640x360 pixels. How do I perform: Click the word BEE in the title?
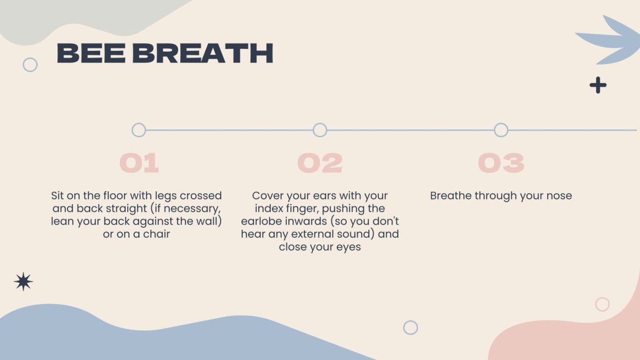91,54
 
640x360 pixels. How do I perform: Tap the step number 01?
139,164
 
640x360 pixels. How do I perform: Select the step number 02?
320,164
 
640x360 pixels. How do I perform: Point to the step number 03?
501,164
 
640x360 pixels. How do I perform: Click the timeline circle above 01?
139,130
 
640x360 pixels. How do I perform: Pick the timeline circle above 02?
320,130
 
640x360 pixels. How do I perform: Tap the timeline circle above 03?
501,130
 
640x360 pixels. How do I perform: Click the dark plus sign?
598,86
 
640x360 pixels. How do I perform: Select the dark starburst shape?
23,282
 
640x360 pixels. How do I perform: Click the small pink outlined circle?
602,304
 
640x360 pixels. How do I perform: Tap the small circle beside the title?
30,65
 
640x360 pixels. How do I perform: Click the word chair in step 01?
156,235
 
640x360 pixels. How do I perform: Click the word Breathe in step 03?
451,196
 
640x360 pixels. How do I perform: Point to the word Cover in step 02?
268,196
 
